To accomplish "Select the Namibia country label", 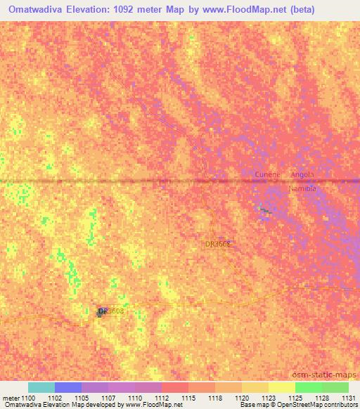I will pyautogui.click(x=303, y=190).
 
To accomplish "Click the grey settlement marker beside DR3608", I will pyautogui.click(x=101, y=312).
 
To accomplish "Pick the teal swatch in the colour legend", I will pyautogui.click(x=41, y=387).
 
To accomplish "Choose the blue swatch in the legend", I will pyautogui.click(x=68, y=387).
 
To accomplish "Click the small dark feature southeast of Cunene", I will pyautogui.click(x=264, y=209).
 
